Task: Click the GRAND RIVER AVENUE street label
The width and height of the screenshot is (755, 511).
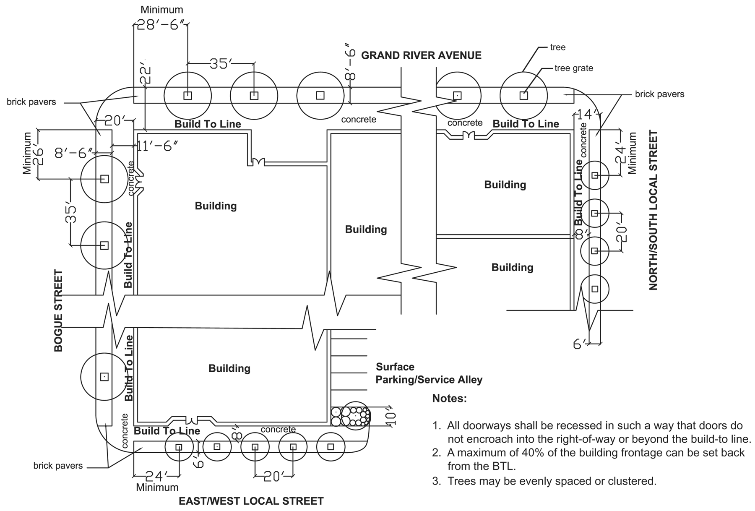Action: pos(421,55)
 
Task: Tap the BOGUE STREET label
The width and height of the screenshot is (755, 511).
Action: pos(58,310)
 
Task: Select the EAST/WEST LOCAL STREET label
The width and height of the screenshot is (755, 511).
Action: pos(251,501)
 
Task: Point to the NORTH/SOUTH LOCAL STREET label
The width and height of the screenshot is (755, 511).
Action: pos(653,210)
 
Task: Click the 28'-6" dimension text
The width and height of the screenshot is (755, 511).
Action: pos(161,25)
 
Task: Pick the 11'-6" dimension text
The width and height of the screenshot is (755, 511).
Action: pos(158,146)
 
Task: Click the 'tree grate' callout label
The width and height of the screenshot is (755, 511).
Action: pos(574,68)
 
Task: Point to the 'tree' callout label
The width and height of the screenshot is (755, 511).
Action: pos(558,47)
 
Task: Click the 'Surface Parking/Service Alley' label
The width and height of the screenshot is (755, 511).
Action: pos(429,373)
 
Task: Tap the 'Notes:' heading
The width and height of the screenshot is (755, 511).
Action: pos(449,398)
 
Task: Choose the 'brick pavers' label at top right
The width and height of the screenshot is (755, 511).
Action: pos(659,94)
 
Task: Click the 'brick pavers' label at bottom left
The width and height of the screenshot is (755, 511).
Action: pos(58,466)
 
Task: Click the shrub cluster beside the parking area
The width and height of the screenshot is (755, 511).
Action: pos(351,416)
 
